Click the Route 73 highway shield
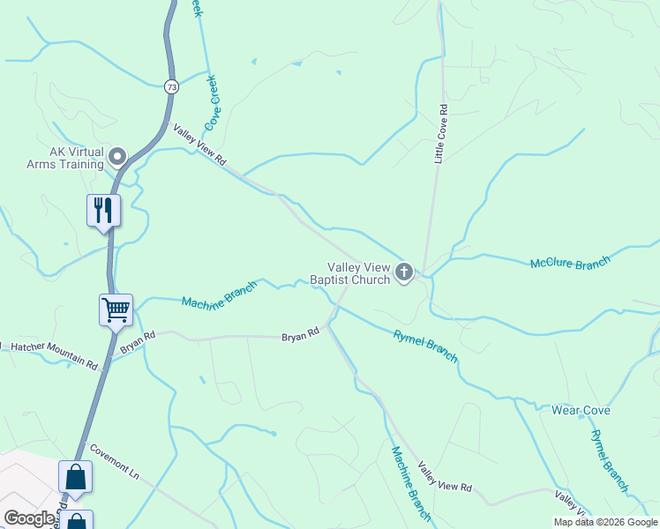click(171, 86)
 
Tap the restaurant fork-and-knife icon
click(103, 211)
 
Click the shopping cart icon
click(116, 309)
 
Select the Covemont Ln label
click(115, 459)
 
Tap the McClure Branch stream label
click(569, 263)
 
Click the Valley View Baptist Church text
click(350, 273)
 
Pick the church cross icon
click(404, 272)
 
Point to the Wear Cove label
click(581, 411)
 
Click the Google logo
click(30, 518)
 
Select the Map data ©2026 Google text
click(604, 522)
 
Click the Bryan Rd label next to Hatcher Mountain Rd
click(138, 342)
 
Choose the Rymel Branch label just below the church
click(425, 345)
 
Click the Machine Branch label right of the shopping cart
click(219, 294)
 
